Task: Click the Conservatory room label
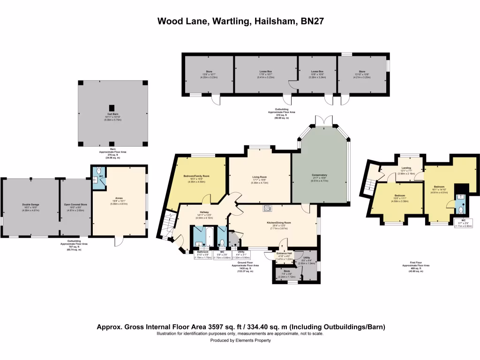click(319, 175)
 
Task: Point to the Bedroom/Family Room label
click(196, 176)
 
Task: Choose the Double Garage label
click(30, 205)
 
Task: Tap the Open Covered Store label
click(75, 205)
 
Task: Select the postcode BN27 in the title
click(309, 21)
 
